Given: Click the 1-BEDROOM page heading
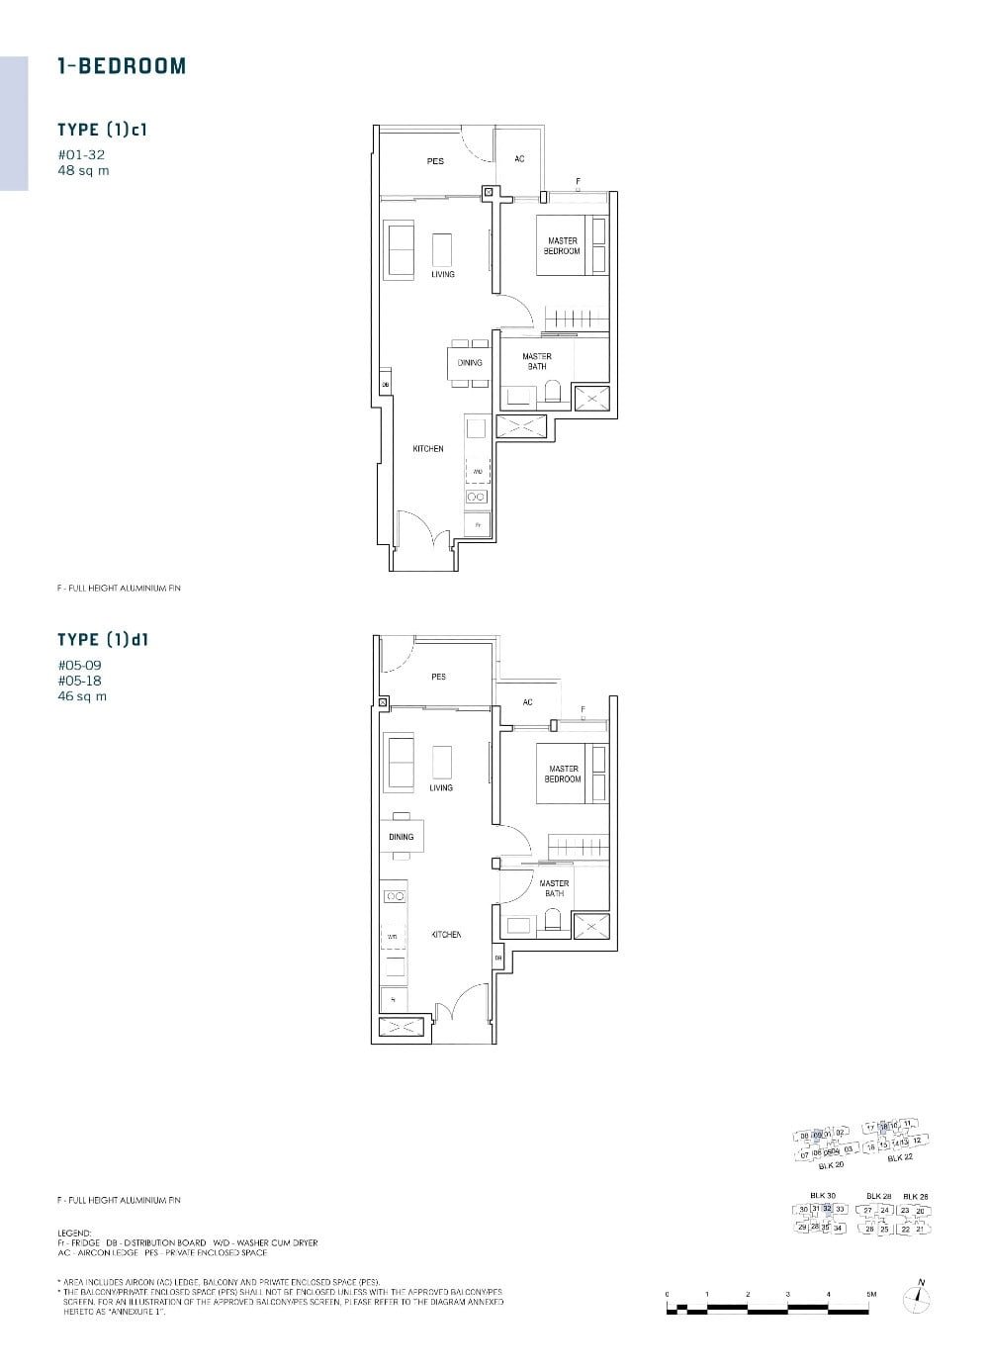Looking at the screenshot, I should click(122, 66).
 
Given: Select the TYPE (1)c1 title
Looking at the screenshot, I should click(103, 130).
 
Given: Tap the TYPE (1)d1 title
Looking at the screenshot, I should click(103, 640).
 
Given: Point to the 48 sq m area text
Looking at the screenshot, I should click(83, 170).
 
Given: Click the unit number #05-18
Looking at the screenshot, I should click(79, 681).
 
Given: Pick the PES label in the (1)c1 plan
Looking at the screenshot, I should click(435, 161).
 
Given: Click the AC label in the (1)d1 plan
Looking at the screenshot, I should click(527, 702).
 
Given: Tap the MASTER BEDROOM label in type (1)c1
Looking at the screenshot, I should click(562, 245).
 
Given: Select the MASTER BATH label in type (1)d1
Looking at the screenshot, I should click(554, 888).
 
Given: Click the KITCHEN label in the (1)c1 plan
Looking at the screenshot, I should click(428, 449).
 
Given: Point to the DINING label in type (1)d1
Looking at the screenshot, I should click(401, 837).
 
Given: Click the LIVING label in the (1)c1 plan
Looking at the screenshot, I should click(443, 274).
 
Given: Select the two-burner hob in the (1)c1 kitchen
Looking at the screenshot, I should click(477, 497).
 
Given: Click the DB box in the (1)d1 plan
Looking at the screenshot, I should click(498, 959).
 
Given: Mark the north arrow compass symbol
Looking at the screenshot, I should click(920, 1298).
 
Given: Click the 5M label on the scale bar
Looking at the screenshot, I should click(870, 1294).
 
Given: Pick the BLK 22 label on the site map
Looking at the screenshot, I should click(899, 1157).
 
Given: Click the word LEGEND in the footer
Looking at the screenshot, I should click(74, 1234).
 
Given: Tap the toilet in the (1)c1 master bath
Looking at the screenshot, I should click(552, 393).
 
